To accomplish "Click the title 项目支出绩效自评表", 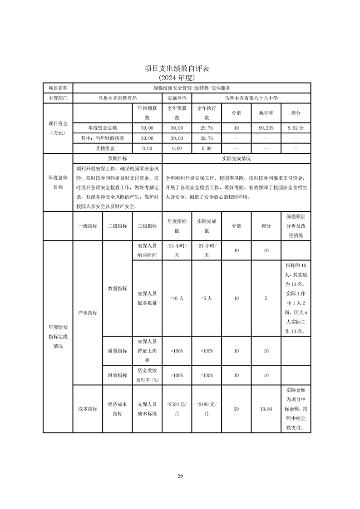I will (x=180, y=69).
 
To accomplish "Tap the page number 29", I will (x=180, y=476).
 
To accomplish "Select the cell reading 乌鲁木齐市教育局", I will (x=117, y=98).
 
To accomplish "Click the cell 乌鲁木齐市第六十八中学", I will (x=251, y=98).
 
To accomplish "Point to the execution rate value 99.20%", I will (x=266, y=128).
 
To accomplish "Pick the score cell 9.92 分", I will (x=296, y=128).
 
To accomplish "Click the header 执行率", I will (x=266, y=113).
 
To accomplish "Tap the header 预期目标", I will (x=117, y=159).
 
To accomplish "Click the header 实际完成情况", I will (x=236, y=159).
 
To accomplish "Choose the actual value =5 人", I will (x=207, y=299).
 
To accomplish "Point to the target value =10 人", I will (x=177, y=299).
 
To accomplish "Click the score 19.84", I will (x=266, y=409).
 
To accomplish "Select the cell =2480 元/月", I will (x=207, y=409).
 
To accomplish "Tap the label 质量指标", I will (x=117, y=351).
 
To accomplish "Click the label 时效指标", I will (x=117, y=375).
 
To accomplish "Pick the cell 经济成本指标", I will (x=117, y=409).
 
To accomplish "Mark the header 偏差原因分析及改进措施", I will (x=296, y=225).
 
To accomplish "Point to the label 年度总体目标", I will (x=58, y=182).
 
